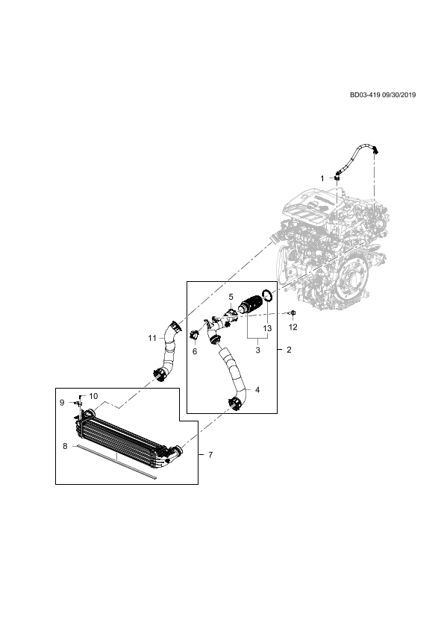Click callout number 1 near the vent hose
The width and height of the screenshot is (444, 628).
tap(322, 178)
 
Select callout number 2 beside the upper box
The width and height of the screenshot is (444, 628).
tap(289, 350)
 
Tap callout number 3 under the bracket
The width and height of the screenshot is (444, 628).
tap(257, 350)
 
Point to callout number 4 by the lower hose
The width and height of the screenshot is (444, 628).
tap(257, 389)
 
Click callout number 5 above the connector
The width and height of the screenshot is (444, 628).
tap(231, 297)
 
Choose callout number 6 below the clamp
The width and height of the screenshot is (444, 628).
tap(195, 351)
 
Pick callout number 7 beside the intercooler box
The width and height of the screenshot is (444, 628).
tap(210, 455)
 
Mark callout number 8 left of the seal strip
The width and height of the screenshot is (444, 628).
tap(66, 446)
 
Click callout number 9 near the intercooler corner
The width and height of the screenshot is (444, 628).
tap(62, 403)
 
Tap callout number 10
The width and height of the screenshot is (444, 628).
tap(93, 396)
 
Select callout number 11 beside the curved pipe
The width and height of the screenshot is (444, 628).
tap(152, 338)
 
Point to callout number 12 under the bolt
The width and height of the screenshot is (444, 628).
tap(293, 327)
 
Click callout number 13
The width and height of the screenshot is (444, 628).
tap(267, 328)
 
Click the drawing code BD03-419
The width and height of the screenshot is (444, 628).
tap(365, 95)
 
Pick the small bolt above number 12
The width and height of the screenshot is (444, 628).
tap(293, 313)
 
